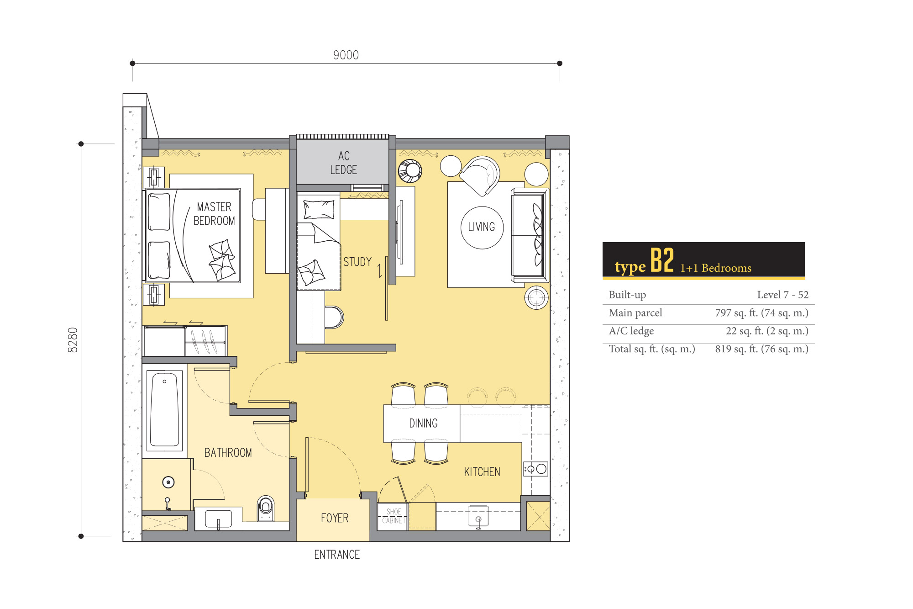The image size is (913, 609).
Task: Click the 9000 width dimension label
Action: point(346,55)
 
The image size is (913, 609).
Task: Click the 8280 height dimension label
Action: point(73,340)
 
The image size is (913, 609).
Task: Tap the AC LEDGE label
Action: point(344,163)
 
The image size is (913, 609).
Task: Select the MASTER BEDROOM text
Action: point(214,214)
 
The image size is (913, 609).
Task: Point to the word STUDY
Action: point(357,262)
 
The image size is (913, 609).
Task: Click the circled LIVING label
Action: point(482,227)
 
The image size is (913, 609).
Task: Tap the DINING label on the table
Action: point(423,424)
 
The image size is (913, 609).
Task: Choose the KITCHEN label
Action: point(482,472)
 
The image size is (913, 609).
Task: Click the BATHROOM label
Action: point(228,453)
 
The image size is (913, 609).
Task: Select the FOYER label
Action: point(335,518)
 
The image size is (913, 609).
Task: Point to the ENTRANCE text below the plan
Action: point(337,555)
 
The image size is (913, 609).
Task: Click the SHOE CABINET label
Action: point(394,516)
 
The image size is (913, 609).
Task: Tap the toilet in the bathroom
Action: point(266,508)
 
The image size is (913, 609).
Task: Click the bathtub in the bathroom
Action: point(164,410)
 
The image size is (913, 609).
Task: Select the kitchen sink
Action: point(478,516)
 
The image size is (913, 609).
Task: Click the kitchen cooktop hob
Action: point(535,469)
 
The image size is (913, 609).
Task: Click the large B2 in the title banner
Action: point(662,260)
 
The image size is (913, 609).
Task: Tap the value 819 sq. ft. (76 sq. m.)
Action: point(762,349)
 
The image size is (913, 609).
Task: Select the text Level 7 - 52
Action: point(783,295)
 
